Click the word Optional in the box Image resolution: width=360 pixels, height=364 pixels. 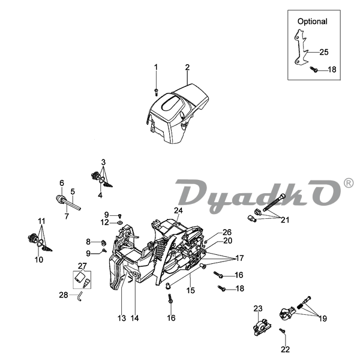[312, 21]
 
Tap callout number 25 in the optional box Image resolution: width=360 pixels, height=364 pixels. [323, 52]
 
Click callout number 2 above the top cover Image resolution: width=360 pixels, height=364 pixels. [187, 67]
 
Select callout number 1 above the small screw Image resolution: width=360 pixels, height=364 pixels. [155, 67]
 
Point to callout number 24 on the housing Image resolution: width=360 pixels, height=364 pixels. [178, 210]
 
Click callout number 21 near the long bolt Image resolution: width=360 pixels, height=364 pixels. [284, 220]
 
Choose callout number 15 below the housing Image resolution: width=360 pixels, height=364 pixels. [190, 291]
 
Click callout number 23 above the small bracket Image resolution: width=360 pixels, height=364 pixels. [258, 308]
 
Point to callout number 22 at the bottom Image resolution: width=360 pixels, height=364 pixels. [285, 349]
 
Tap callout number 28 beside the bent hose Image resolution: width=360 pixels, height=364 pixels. [64, 294]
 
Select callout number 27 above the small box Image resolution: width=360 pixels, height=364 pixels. [82, 264]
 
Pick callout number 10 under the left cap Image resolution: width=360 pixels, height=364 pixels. [38, 260]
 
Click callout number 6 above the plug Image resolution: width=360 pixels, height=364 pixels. [61, 183]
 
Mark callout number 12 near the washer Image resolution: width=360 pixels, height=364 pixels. [104, 222]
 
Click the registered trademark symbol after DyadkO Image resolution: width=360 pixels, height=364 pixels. [348, 183]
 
